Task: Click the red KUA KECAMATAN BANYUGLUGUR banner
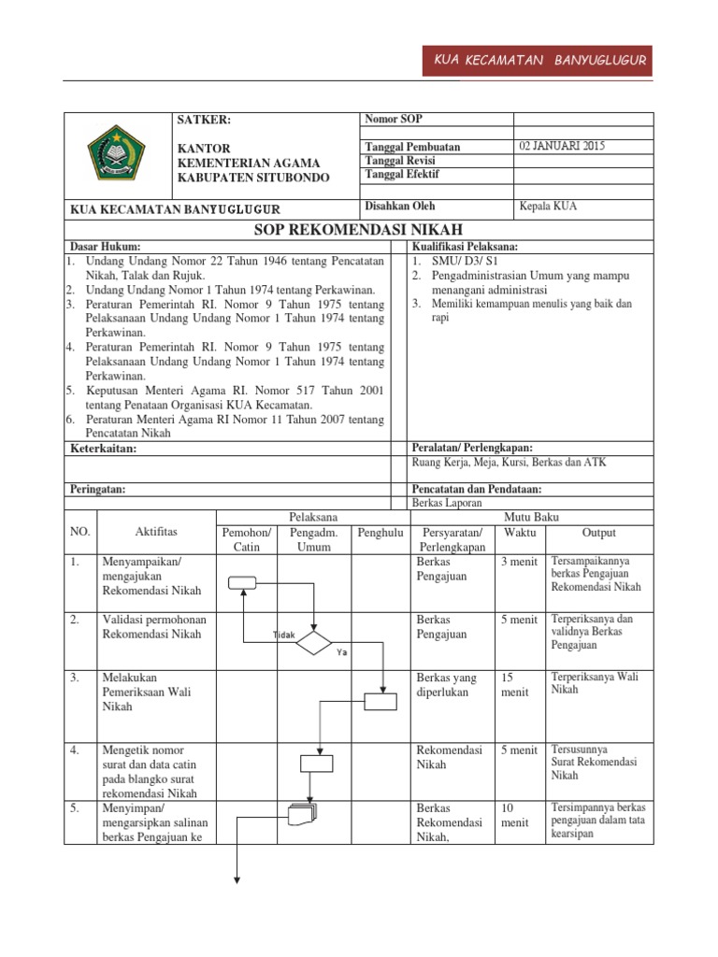[540, 62]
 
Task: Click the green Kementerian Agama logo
[115, 152]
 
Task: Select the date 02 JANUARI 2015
[561, 147]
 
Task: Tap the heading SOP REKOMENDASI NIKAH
[359, 230]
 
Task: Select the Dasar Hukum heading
[106, 246]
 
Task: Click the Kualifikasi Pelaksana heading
[465, 246]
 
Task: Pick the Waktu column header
[521, 533]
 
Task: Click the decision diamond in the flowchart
[313, 643]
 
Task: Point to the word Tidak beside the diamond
[283, 635]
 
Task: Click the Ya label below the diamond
[342, 652]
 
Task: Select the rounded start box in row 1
[242, 583]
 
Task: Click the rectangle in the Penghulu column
[380, 701]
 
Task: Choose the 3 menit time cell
[519, 562]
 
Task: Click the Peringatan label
[98, 489]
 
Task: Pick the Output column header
[599, 533]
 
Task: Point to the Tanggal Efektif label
[402, 174]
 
